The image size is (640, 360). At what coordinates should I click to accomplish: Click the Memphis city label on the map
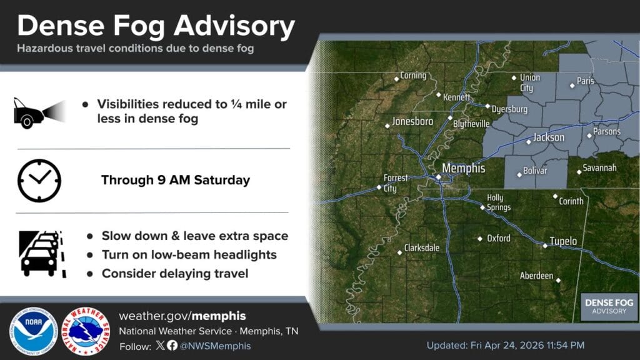tap(463, 169)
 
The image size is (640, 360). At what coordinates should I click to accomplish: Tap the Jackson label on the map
tap(549, 137)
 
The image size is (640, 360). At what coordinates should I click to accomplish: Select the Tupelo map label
tap(563, 241)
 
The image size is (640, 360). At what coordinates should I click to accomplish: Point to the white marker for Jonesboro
tap(387, 126)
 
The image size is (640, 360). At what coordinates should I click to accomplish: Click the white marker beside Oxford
tap(480, 239)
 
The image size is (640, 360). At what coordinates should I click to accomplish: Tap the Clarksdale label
tap(422, 247)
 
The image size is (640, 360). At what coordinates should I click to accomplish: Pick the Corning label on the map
tap(413, 76)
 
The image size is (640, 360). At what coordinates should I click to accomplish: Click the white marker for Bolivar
tap(519, 175)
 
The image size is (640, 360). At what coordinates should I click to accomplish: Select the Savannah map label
tap(599, 167)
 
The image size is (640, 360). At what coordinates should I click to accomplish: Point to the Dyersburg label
tap(509, 109)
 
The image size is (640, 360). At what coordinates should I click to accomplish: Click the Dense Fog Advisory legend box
tap(609, 306)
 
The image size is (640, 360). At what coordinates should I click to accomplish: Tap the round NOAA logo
tap(34, 331)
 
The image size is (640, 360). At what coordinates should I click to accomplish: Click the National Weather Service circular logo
tap(86, 331)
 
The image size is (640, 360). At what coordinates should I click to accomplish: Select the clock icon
tap(39, 181)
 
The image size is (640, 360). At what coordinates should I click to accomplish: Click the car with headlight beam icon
tap(39, 112)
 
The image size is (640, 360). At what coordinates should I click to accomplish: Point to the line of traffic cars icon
tap(42, 254)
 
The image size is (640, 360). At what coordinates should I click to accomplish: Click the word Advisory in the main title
tap(234, 26)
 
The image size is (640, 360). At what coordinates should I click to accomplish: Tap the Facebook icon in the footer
tap(172, 346)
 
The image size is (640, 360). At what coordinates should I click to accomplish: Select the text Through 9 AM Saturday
tap(176, 180)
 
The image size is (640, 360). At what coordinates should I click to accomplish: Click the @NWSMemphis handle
tap(215, 346)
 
